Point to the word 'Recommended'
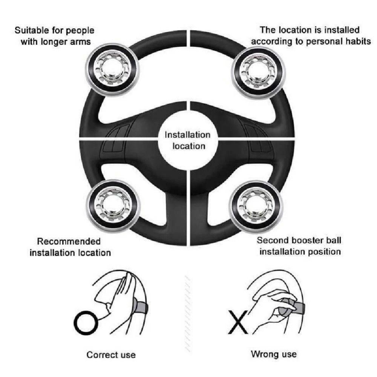click(69, 241)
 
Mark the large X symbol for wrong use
click(238, 322)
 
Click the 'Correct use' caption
click(111, 355)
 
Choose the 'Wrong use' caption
click(274, 354)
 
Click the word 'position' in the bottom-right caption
click(325, 251)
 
